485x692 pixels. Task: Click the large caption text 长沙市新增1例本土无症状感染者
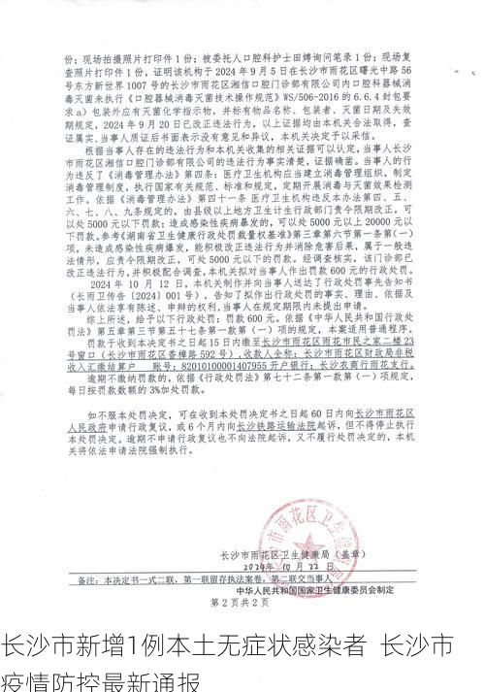184,644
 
